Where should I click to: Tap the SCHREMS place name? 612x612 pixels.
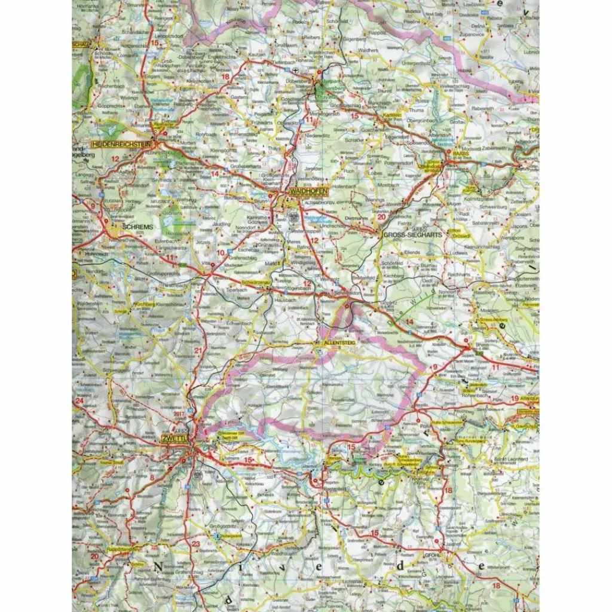point(137,228)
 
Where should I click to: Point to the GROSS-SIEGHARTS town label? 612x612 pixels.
point(413,235)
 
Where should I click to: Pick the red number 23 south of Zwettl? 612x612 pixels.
point(196,543)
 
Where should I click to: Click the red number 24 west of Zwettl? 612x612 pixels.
point(78,401)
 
